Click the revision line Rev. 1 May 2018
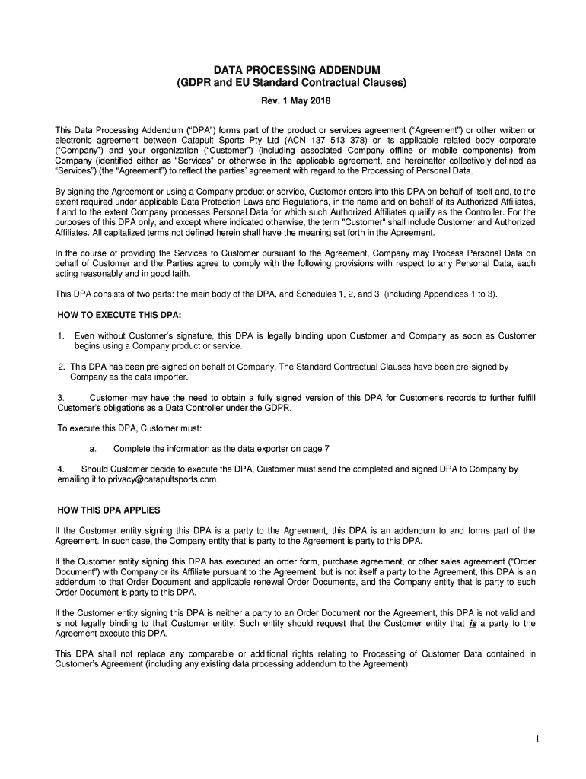tap(292, 100)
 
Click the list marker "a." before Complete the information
tap(92, 449)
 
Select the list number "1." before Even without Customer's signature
tap(61, 335)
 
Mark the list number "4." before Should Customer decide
tap(62, 469)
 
